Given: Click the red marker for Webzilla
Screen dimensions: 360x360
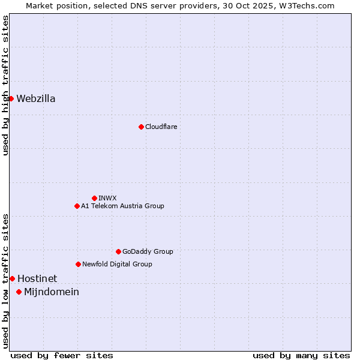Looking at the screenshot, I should pos(11,98).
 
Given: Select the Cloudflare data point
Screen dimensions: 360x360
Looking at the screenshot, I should pos(141,127).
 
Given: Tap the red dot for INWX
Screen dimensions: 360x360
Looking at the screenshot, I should pos(94,198).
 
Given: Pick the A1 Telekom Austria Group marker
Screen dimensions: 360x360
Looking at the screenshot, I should pos(77,206).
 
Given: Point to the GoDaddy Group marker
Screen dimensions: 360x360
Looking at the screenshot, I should pos(118,251).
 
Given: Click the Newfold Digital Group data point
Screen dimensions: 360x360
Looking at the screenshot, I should pos(78,264).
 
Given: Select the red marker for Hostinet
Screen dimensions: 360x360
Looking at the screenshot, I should pos(12,278).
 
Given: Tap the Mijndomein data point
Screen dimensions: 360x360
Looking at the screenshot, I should pos(19,292).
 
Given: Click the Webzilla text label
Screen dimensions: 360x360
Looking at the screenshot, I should pos(36,99).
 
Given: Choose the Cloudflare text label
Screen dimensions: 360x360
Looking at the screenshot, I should pos(161,127).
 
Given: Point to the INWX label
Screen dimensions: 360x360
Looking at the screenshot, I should pos(107,198).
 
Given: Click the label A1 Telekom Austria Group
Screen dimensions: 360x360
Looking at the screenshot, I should pos(122,206).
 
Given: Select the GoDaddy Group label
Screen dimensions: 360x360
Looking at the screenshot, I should pos(148,251).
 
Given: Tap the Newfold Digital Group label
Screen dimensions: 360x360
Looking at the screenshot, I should pos(117,264).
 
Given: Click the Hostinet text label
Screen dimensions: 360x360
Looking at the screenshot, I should pos(37,278).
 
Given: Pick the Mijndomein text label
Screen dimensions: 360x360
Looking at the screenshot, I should pos(52,292).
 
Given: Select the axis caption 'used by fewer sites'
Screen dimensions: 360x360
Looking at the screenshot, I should pos(62,355).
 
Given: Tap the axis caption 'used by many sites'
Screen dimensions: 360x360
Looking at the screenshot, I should pos(301,355).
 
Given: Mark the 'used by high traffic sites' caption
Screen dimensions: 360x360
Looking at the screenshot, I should pos(5,85).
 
